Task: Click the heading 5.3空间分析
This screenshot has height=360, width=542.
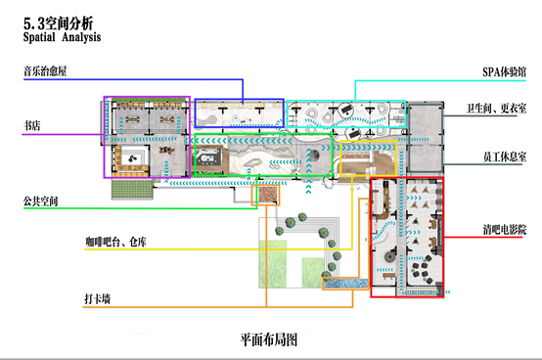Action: [x=58, y=23]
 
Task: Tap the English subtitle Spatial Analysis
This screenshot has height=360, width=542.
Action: [x=62, y=37]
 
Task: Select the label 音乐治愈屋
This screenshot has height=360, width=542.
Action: [x=45, y=71]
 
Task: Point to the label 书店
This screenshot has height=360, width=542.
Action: [x=32, y=125]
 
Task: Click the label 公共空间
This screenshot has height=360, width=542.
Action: [x=40, y=202]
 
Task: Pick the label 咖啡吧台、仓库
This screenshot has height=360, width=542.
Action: [x=115, y=242]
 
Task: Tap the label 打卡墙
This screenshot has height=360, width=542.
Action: [x=98, y=298]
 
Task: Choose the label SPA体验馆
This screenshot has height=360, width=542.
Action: [x=504, y=71]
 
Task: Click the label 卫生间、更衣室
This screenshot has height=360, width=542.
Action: [x=496, y=109]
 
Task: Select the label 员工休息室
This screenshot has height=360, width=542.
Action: [x=505, y=157]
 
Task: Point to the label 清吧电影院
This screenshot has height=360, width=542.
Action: [x=505, y=230]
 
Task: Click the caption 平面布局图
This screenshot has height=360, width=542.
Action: [x=269, y=339]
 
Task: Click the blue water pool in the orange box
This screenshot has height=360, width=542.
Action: [x=345, y=284]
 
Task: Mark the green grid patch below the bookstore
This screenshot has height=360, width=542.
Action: [x=132, y=190]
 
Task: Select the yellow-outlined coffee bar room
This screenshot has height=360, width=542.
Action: [x=368, y=158]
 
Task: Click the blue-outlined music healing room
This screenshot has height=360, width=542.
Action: [x=239, y=112]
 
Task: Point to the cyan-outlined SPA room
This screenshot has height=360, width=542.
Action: [x=346, y=114]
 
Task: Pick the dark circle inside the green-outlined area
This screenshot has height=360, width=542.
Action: [x=313, y=156]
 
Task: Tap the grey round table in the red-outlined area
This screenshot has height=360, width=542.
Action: [x=389, y=256]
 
